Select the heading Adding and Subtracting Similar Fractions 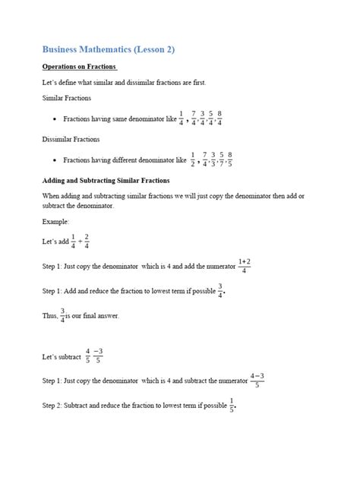[106, 181]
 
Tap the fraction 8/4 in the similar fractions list [219, 119]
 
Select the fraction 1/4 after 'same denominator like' [181, 119]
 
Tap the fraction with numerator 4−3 [257, 380]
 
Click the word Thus [50, 315]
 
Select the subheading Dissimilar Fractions [71, 140]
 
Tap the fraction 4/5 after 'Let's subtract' [88, 355]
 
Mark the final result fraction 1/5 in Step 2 [232, 405]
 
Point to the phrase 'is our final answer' [93, 315]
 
